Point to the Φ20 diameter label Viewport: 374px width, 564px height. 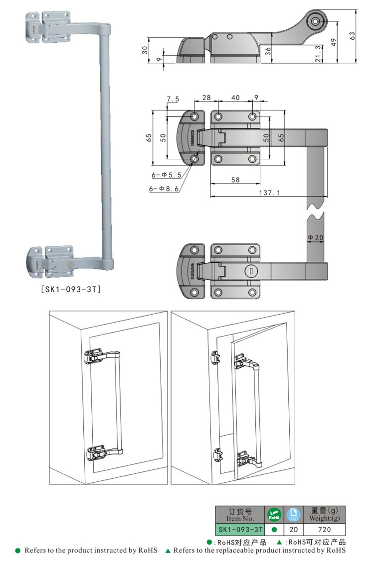pos(316,238)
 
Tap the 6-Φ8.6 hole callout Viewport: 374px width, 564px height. pos(163,189)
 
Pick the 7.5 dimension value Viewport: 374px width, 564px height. pos(173,100)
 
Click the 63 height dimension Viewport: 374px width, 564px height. pos(352,36)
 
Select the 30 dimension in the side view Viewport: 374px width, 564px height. pos(145,50)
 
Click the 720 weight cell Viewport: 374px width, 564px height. pos(324,530)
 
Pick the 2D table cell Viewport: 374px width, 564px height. pos(293,530)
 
